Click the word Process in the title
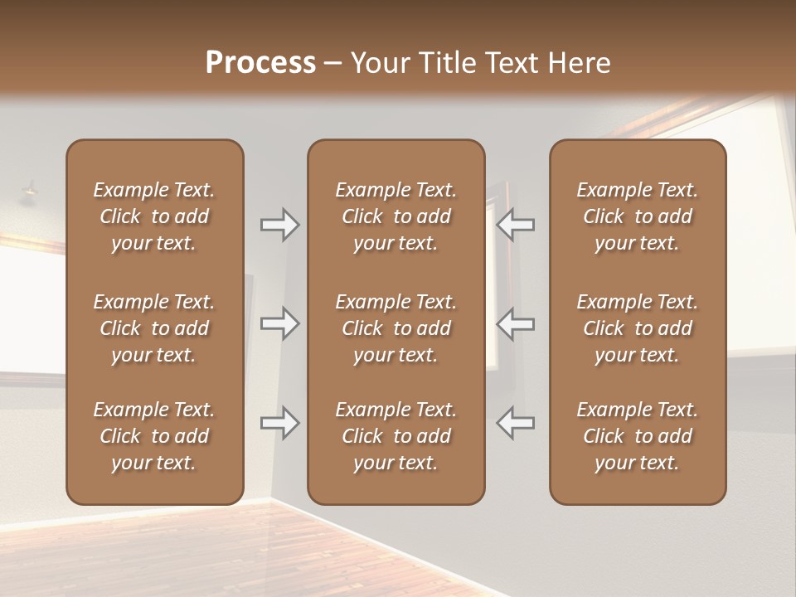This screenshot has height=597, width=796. pyautogui.click(x=260, y=63)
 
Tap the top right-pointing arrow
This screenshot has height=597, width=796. pyautogui.click(x=279, y=225)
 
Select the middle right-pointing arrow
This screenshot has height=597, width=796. pyautogui.click(x=279, y=323)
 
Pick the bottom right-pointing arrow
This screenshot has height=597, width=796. pyautogui.click(x=279, y=423)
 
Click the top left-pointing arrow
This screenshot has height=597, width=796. pyautogui.click(x=516, y=225)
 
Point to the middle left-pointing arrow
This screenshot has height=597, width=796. pyautogui.click(x=516, y=323)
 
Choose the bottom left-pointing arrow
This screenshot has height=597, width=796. pyautogui.click(x=516, y=423)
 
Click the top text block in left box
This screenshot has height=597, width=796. pyautogui.click(x=154, y=216)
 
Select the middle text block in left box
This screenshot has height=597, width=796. pyautogui.click(x=154, y=328)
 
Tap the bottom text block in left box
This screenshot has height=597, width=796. pyautogui.click(x=154, y=436)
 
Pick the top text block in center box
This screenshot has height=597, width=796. pyautogui.click(x=396, y=216)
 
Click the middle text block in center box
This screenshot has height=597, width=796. pyautogui.click(x=396, y=328)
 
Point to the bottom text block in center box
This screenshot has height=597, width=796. pyautogui.click(x=396, y=436)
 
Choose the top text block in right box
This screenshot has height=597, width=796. pyautogui.click(x=638, y=216)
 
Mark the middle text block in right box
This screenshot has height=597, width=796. pyautogui.click(x=638, y=328)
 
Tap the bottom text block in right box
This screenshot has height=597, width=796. pyautogui.click(x=638, y=436)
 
